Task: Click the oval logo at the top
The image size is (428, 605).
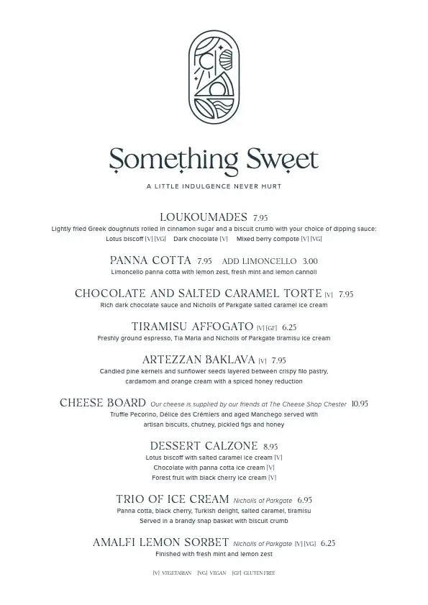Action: pos(214,77)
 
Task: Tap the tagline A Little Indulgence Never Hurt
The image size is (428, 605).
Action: pos(214,186)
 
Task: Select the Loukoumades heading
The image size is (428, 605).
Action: pos(203,217)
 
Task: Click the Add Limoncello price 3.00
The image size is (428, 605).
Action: pos(310,261)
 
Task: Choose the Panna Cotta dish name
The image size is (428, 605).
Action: pos(150,260)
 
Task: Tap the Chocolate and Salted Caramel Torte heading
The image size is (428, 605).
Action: pos(198,294)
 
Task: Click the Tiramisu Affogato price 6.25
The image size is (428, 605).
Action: pos(289,327)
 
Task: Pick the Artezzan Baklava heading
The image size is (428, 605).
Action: pos(199,360)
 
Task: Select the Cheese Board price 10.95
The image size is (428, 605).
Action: pos(360,404)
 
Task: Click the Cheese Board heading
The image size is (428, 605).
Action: pos(103,404)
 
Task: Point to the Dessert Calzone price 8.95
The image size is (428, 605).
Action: pos(270,447)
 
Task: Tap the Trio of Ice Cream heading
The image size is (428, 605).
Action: pos(173,499)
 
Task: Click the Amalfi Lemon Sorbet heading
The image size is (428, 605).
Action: pos(161,543)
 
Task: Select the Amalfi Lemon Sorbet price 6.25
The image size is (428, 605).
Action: pos(328,544)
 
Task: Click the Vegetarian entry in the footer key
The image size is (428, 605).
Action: pos(172,573)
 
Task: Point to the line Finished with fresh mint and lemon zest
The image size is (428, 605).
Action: pos(214,555)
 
